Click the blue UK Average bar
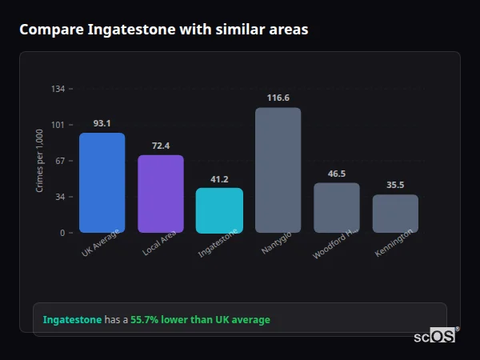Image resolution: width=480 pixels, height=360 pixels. (x=102, y=182)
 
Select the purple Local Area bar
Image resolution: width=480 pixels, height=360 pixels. (x=160, y=194)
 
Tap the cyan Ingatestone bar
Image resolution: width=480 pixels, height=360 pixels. (x=219, y=210)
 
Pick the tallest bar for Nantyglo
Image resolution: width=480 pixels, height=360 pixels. (x=278, y=170)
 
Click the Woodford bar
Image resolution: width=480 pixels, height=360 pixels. (x=336, y=207)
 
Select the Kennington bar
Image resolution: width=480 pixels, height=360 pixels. (x=395, y=213)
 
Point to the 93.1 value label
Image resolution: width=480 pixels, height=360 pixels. (x=102, y=123)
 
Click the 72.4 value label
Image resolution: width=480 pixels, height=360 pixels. (x=160, y=146)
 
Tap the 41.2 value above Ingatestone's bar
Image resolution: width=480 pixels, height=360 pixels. (x=219, y=179)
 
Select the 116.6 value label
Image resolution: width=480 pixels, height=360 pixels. (x=278, y=98)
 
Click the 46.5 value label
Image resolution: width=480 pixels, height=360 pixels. (x=336, y=174)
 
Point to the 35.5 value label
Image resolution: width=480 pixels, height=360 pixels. (x=395, y=185)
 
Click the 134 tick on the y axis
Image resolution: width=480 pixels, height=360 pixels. (x=58, y=89)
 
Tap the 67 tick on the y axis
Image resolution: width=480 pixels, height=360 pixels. (x=60, y=161)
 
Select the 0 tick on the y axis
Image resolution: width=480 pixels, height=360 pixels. (x=62, y=233)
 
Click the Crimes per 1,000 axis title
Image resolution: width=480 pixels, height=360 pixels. (x=40, y=160)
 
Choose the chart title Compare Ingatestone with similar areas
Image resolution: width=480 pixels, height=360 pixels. (x=163, y=29)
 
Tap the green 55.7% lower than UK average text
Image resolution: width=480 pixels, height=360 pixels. (x=200, y=320)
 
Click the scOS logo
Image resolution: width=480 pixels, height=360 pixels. (x=434, y=337)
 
